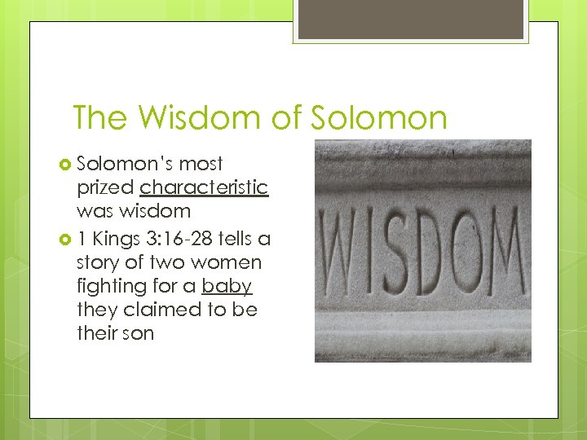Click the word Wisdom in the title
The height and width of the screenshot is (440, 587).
(197, 118)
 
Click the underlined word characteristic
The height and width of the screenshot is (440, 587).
(204, 187)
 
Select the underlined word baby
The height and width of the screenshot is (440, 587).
(227, 286)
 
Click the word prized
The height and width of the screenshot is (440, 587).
(105, 187)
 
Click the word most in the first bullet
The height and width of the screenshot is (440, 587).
(201, 164)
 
